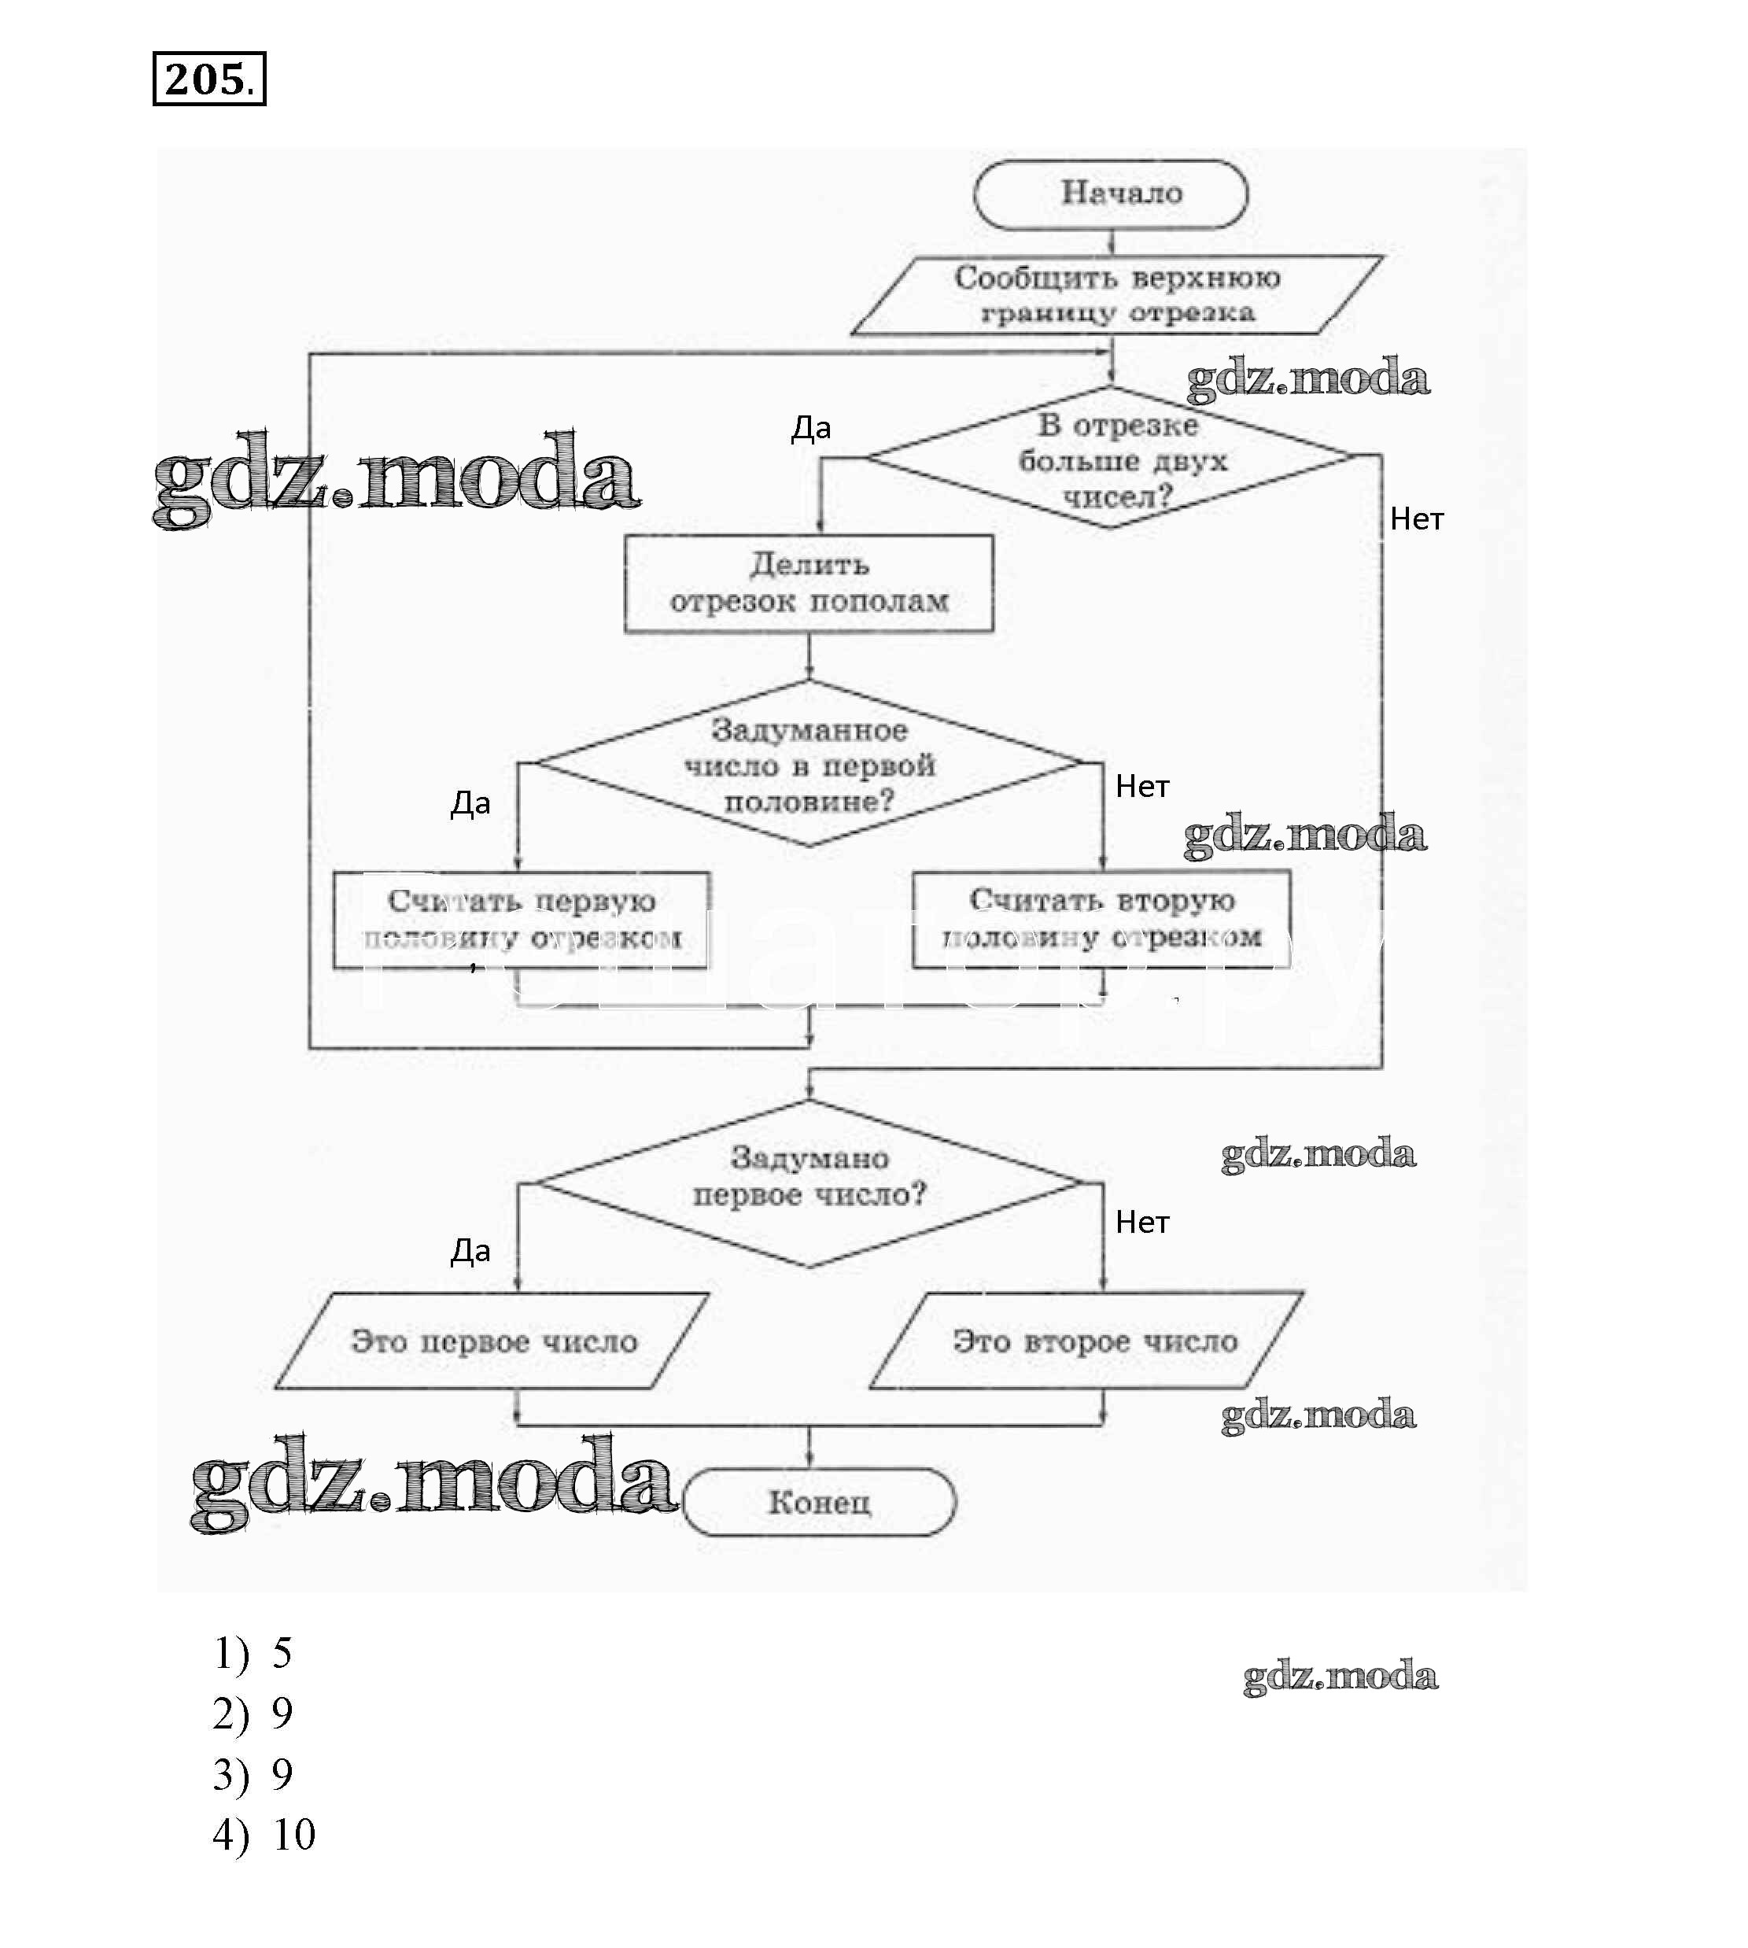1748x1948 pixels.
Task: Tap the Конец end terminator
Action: click(819, 1500)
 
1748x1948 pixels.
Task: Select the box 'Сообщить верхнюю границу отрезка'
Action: click(1116, 295)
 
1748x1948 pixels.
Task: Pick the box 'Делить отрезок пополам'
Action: click(809, 583)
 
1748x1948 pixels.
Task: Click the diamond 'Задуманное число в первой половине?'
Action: click(809, 765)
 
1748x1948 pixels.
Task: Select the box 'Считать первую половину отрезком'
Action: click(522, 919)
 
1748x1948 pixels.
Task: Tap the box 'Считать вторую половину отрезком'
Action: click(1101, 918)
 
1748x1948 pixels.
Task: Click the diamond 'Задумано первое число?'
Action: click(809, 1182)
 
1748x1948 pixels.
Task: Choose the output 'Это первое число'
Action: click(492, 1341)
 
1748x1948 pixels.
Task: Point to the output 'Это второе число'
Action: click(1087, 1341)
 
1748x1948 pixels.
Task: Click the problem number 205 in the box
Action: click(208, 79)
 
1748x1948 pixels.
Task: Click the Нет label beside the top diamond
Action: click(1417, 520)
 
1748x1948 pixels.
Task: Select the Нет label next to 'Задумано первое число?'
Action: click(1142, 1223)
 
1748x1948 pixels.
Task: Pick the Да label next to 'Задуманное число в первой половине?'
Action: click(470, 803)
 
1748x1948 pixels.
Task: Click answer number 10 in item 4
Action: click(294, 1835)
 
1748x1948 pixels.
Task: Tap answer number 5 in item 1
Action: click(282, 1653)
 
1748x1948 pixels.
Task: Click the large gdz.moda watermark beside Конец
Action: click(432, 1484)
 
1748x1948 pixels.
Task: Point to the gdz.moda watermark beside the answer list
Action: click(1340, 1676)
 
